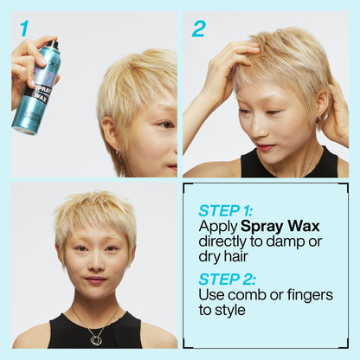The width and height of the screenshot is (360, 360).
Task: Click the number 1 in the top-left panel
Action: tap(24, 29)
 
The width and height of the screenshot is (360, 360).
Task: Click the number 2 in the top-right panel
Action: tap(199, 29)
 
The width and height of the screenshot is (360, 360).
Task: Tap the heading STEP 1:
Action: tap(227, 210)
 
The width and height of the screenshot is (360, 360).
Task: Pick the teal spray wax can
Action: tap(36, 91)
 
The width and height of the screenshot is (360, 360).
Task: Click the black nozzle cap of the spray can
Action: tap(53, 42)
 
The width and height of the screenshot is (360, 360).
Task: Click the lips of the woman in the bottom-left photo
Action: tap(96, 280)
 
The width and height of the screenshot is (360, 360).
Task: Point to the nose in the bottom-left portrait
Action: tap(96, 264)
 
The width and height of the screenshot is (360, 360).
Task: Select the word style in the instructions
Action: tap(228, 312)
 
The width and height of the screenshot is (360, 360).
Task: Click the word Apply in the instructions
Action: tap(217, 227)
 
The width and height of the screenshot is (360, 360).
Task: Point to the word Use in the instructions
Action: tap(212, 296)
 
